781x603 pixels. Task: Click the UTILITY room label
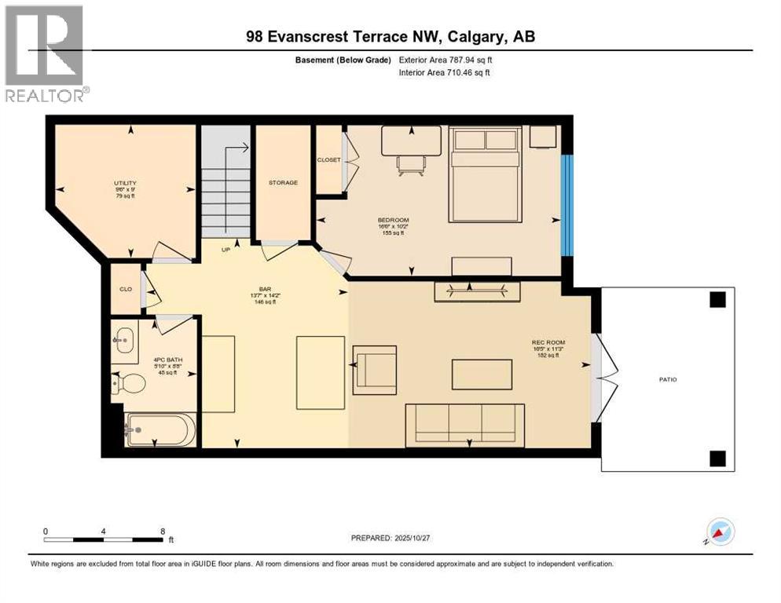tap(125, 183)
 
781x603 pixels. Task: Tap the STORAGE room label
tap(283, 182)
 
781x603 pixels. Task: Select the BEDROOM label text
tap(393, 220)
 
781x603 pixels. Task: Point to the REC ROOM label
tap(548, 342)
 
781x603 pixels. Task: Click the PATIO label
tap(667, 380)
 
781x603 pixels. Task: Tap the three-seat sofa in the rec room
tap(464, 423)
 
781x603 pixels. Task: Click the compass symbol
tap(720, 532)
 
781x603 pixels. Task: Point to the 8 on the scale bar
tap(163, 531)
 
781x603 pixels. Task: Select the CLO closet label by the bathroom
tap(125, 288)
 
